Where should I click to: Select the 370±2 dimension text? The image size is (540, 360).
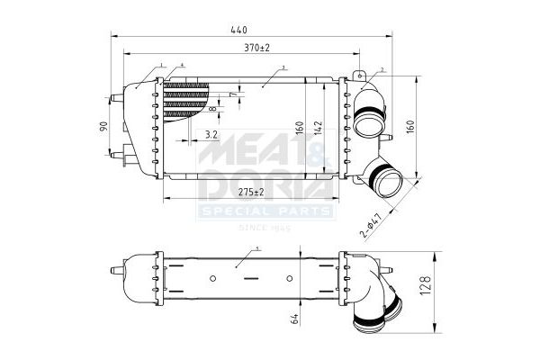pyautogui.click(x=256, y=46)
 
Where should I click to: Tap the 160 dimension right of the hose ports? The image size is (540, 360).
pyautogui.click(x=411, y=126)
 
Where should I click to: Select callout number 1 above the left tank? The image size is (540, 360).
pyautogui.click(x=162, y=66)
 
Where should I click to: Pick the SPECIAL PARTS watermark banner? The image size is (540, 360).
pyautogui.click(x=266, y=212)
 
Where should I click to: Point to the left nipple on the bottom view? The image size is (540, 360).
pyautogui.click(x=117, y=268)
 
